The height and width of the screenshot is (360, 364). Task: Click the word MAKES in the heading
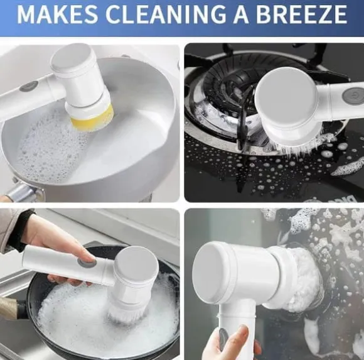click(57, 14)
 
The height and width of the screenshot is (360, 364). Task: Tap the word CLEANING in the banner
click(166, 14)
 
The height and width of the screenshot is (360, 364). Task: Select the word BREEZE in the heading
click(301, 14)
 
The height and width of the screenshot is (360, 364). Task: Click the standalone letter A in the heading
click(242, 14)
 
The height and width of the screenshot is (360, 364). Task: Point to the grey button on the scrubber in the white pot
click(28, 86)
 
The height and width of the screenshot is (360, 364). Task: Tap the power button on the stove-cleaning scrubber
click(353, 95)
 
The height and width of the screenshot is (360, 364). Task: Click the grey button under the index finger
click(87, 262)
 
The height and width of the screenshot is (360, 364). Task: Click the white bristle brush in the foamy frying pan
click(127, 313)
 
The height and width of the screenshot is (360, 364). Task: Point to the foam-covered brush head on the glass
click(304, 280)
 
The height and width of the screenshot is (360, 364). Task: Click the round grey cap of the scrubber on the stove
click(286, 98)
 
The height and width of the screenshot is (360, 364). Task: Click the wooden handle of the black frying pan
click(9, 307)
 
